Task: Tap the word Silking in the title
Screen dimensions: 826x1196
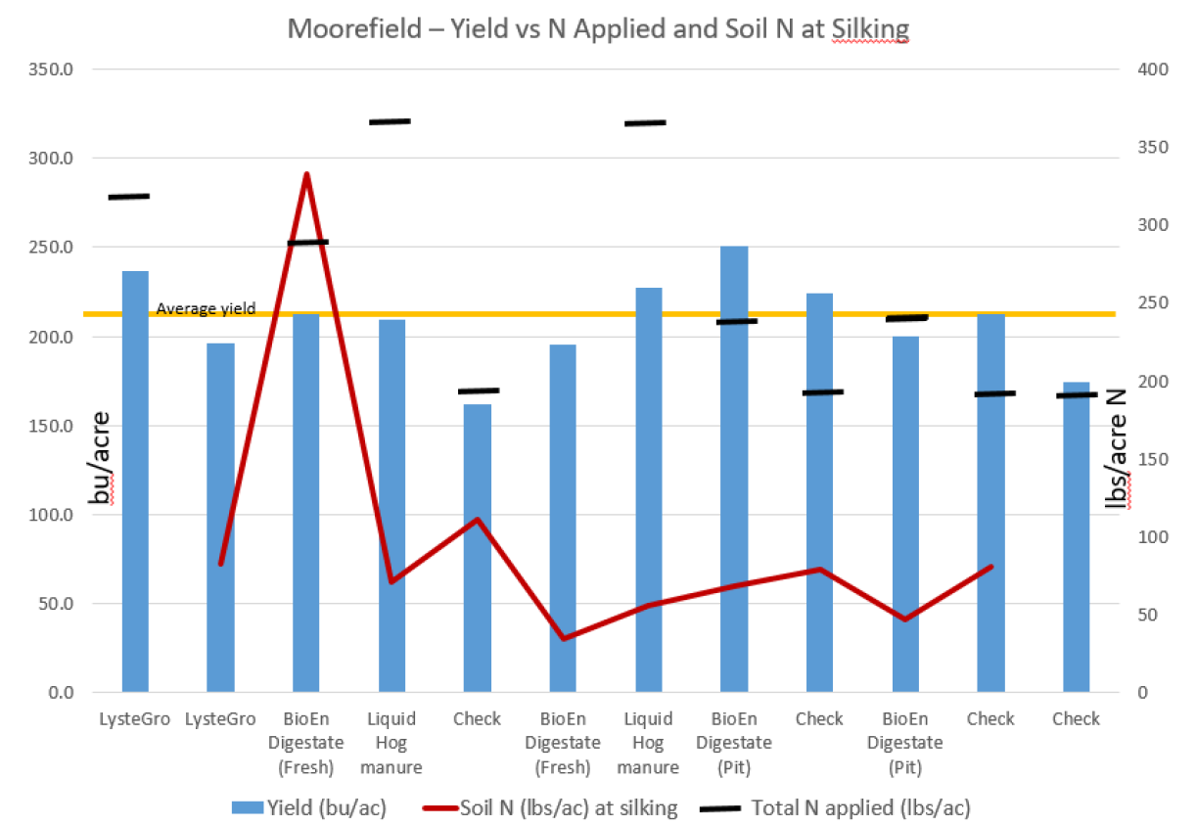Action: pyautogui.click(x=870, y=28)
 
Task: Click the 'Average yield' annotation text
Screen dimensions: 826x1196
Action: pyautogui.click(x=207, y=308)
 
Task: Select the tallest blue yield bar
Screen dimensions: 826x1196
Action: pyautogui.click(x=734, y=469)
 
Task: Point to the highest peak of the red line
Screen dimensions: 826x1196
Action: pyautogui.click(x=306, y=175)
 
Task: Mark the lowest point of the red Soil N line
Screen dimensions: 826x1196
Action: pyautogui.click(x=563, y=638)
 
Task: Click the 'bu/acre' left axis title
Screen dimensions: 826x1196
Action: pyautogui.click(x=100, y=457)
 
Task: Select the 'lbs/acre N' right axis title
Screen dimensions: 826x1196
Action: pyautogui.click(x=1117, y=447)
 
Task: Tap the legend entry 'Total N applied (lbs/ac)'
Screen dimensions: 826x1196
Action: pyautogui.click(x=861, y=807)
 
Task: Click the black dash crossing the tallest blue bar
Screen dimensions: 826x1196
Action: pyautogui.click(x=734, y=321)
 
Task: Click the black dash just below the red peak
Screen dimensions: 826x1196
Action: pyautogui.click(x=307, y=242)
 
